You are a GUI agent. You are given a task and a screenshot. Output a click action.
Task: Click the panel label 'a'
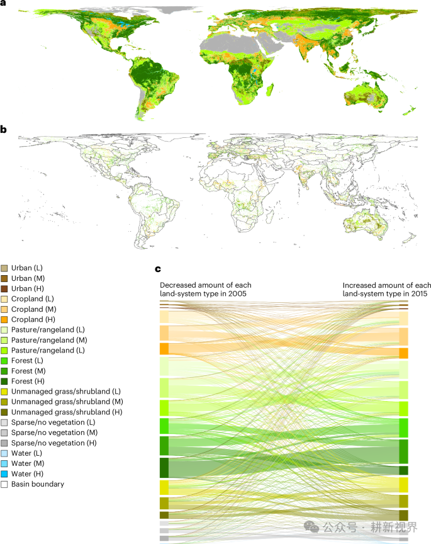tap(3, 4)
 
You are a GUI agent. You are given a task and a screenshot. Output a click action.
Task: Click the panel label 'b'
tap(4, 130)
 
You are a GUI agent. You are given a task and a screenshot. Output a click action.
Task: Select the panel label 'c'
tap(158, 269)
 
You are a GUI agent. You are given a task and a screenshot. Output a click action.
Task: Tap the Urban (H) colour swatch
tap(4, 288)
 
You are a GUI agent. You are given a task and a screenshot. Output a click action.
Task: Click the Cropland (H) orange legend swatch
tap(4, 320)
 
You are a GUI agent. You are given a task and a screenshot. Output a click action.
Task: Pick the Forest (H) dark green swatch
tap(4, 381)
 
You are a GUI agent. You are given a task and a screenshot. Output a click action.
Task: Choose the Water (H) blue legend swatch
tap(4, 473)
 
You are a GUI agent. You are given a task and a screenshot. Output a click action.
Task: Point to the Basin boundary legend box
tap(4, 484)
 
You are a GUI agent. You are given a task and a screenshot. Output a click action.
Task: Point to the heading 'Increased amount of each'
tap(387, 286)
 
